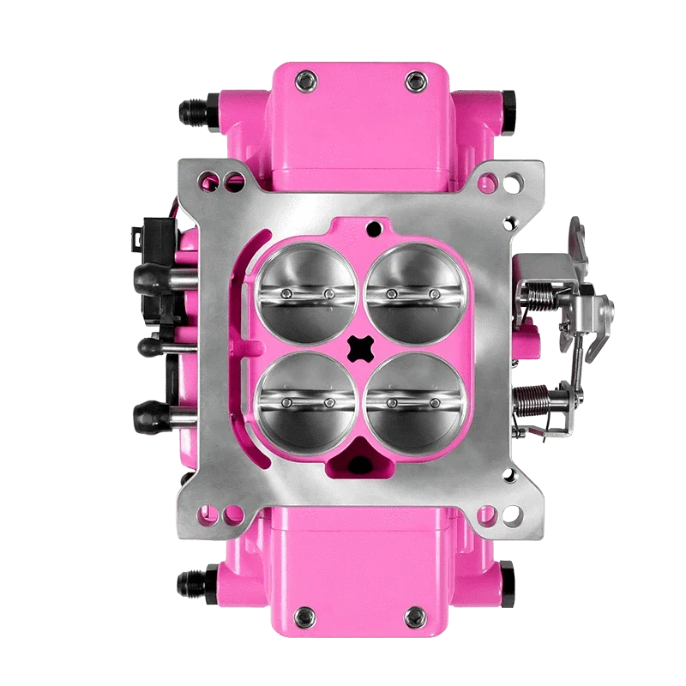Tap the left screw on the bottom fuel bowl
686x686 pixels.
[302, 614]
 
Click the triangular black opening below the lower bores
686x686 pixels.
[360, 463]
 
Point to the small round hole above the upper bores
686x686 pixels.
[373, 229]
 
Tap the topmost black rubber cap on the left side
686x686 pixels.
[146, 274]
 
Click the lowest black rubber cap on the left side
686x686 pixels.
[146, 417]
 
